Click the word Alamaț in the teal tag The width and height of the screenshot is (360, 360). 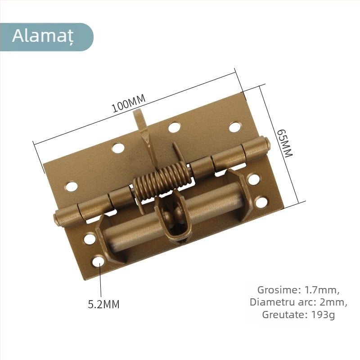pyautogui.click(x=42, y=36)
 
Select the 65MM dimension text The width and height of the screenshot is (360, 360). pyautogui.click(x=284, y=143)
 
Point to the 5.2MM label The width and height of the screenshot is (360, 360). pyautogui.click(x=103, y=305)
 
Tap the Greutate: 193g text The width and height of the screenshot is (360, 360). pyautogui.click(x=298, y=315)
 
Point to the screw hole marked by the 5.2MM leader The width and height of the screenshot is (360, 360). pyautogui.click(x=98, y=261)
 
